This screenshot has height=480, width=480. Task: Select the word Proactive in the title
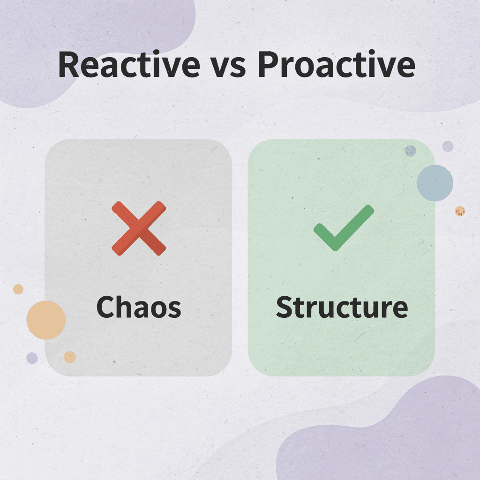336,66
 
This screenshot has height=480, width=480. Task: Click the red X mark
139,228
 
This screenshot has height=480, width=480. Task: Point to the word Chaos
138,307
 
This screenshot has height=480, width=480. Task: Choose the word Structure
342,307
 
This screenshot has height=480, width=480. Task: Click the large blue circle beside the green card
435,183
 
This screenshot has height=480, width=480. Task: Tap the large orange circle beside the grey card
46,320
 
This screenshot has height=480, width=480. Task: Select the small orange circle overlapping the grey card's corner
70,357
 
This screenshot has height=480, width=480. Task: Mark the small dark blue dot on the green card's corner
410,150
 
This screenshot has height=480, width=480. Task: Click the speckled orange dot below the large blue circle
460,211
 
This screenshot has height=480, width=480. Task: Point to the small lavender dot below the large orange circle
32,358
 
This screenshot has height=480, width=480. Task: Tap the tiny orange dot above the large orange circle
18,289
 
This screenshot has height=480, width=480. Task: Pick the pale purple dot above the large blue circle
448,146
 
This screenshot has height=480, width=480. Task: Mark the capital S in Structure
285,307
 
